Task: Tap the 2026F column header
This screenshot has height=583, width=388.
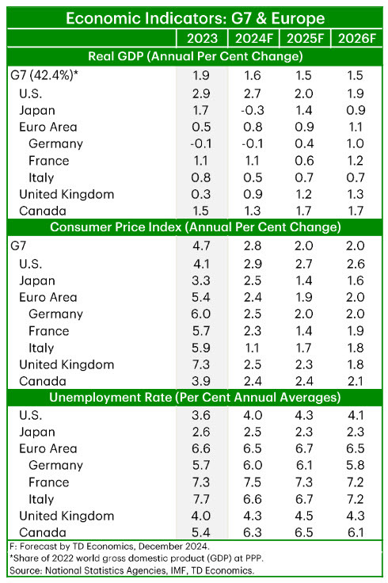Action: [356, 37]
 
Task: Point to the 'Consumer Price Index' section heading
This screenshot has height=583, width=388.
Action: [194, 227]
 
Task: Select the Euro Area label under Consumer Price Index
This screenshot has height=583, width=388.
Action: [47, 297]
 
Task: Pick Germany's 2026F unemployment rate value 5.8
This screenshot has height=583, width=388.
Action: [356, 465]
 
